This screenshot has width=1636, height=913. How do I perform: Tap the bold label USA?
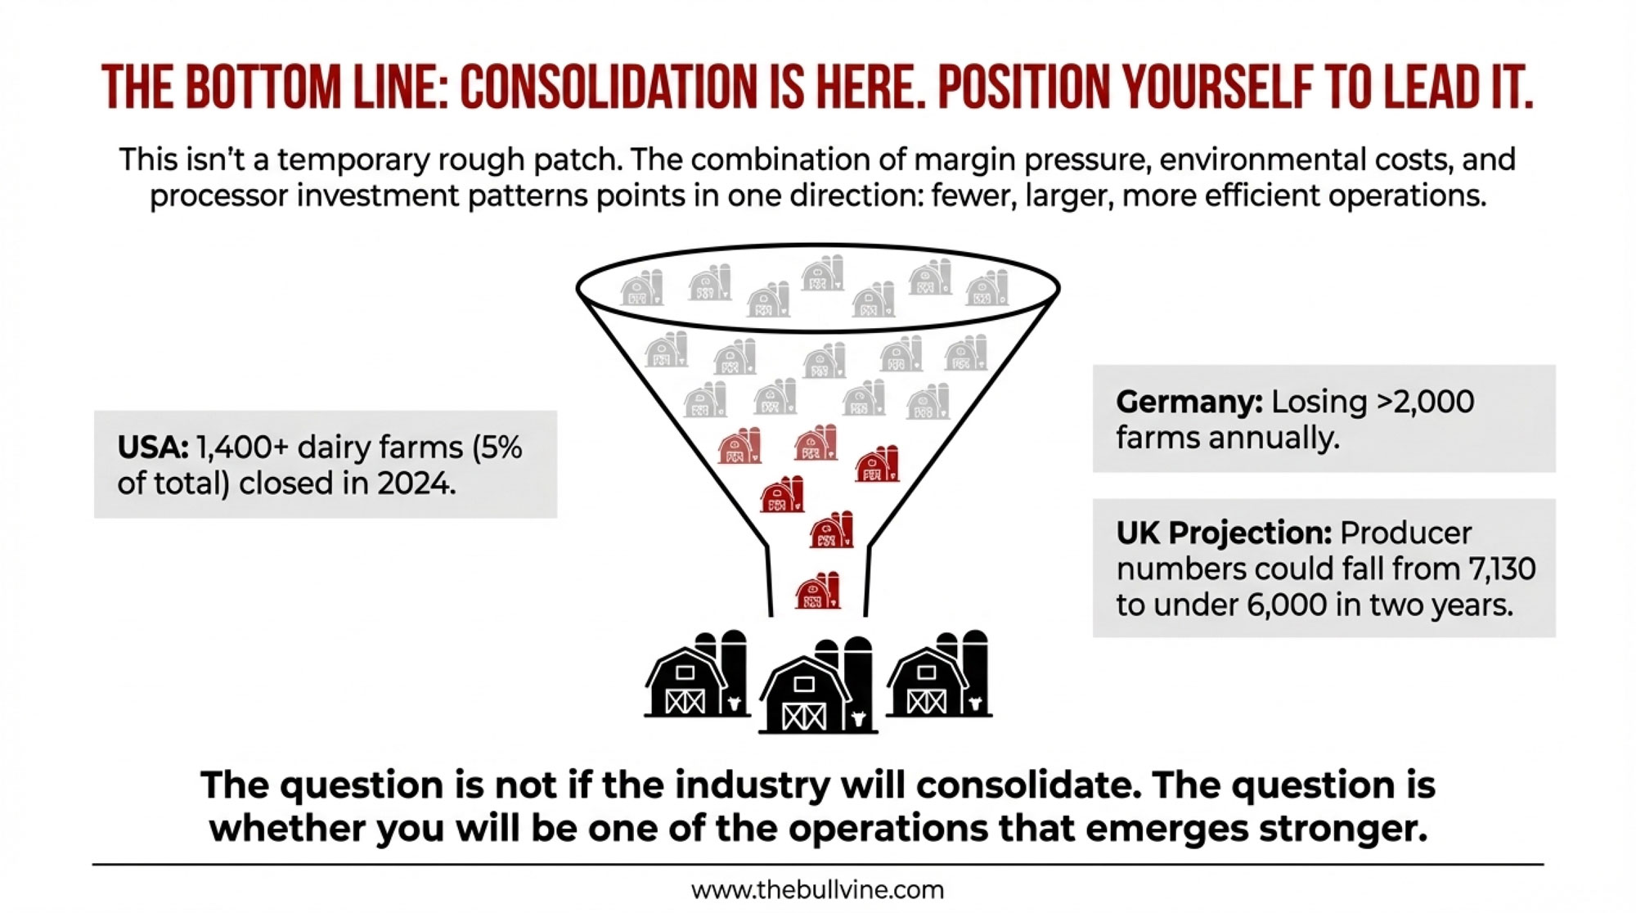point(152,448)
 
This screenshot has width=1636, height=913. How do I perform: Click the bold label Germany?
point(1189,402)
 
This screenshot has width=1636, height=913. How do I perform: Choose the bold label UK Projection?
point(1224,533)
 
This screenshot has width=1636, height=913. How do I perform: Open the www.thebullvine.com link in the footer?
point(817,890)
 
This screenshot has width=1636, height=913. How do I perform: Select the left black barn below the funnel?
point(696,676)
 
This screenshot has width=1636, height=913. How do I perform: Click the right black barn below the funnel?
point(938,676)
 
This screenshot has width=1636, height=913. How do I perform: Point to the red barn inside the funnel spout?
point(817,591)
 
